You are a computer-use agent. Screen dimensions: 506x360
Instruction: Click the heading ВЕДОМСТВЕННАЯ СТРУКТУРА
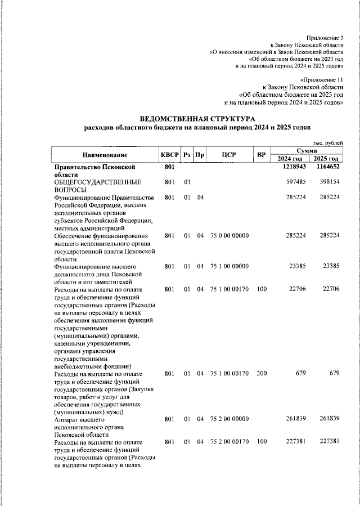pyautogui.click(x=197, y=119)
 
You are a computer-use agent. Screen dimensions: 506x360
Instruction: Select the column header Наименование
pyautogui.click(x=105, y=155)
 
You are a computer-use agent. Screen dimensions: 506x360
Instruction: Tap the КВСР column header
pyautogui.click(x=169, y=155)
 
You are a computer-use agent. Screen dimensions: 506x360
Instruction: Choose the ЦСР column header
pyautogui.click(x=228, y=155)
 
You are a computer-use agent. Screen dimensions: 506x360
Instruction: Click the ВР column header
pyautogui.click(x=261, y=155)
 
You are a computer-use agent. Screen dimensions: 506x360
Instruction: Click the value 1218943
pyautogui.click(x=294, y=167)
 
